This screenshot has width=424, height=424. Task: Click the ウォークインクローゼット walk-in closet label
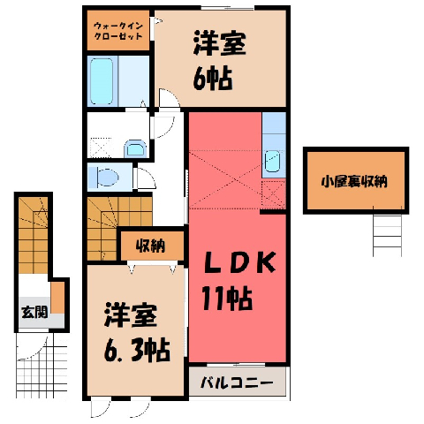point(118,31)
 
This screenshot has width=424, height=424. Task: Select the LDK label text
point(239,262)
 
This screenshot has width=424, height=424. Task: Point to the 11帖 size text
point(227,299)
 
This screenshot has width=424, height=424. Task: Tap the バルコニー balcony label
point(237,382)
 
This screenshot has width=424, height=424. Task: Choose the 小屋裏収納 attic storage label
point(354,182)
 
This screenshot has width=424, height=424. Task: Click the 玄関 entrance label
point(34,312)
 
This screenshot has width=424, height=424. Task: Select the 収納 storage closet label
point(150,246)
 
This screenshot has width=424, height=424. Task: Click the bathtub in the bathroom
point(102,81)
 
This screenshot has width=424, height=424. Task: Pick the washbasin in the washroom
point(135,149)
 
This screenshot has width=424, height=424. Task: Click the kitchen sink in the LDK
point(272,161)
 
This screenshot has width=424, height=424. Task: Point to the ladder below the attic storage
point(387,232)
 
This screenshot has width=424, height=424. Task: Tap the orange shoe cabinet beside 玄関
point(57,298)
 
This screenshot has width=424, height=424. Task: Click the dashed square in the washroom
point(101,148)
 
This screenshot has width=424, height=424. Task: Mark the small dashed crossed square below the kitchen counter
point(273,193)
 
